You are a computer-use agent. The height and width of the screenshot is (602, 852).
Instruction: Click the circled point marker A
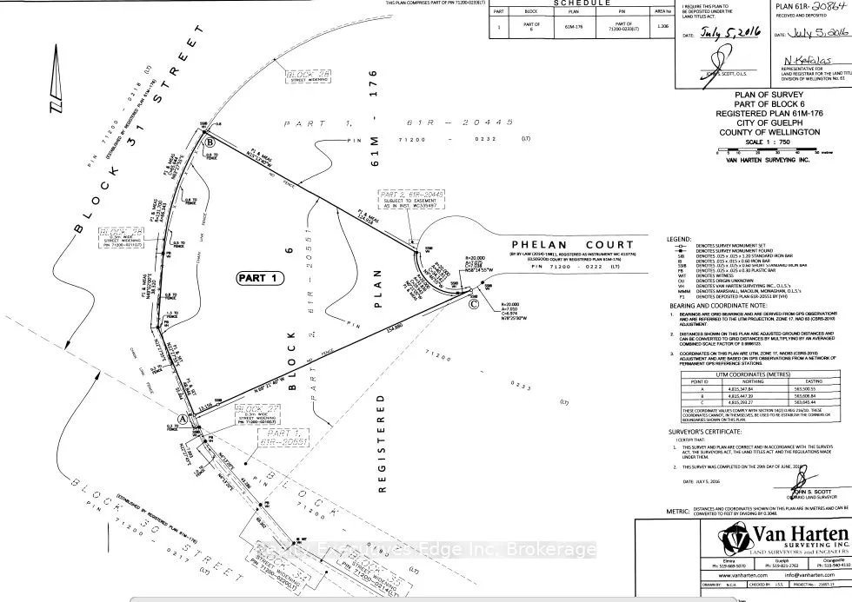(183, 417)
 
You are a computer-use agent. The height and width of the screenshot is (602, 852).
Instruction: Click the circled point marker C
(474, 305)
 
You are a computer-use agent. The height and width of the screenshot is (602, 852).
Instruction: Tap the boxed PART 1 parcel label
(261, 278)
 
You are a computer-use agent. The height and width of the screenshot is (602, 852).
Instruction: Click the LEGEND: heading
(679, 239)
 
